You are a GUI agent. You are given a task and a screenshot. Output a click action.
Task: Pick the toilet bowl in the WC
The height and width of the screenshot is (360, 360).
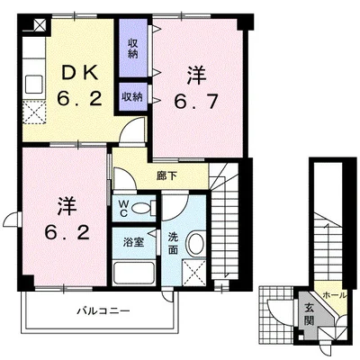(142, 209)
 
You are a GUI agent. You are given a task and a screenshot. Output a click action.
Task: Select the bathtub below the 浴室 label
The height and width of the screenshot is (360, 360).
(135, 274)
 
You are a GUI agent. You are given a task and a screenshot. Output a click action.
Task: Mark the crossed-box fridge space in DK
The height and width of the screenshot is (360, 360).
(36, 114)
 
